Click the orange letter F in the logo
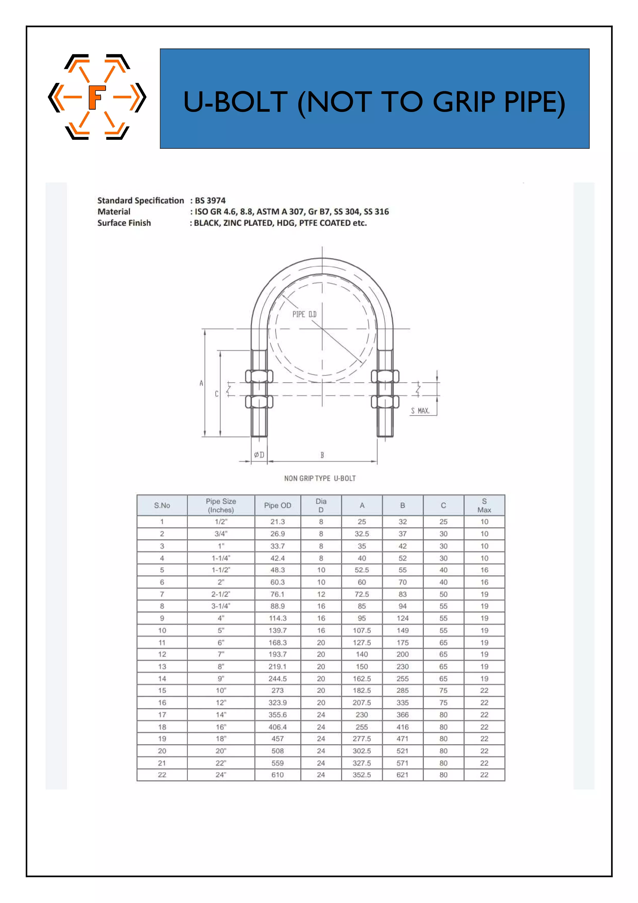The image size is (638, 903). coord(96,97)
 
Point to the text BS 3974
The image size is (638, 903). coord(210,201)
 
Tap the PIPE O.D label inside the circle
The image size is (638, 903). coord(304,314)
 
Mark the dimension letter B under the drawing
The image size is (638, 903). coord(322,455)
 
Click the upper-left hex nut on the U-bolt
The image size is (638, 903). coord(259,376)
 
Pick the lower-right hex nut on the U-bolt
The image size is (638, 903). coord(385,402)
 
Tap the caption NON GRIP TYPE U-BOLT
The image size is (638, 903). coord(320,478)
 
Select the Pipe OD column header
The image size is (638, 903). coord(277,505)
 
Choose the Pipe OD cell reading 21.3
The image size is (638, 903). coord(277,522)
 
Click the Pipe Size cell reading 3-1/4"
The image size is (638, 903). coord(221,606)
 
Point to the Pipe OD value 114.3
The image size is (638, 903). coord(277,618)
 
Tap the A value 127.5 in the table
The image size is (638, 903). coord(362,642)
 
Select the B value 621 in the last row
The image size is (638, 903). coord(402,775)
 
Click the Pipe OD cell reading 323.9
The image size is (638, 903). coord(277,702)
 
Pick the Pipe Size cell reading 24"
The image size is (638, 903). coord(221,775)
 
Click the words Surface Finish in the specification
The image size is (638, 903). coord(124,223)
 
